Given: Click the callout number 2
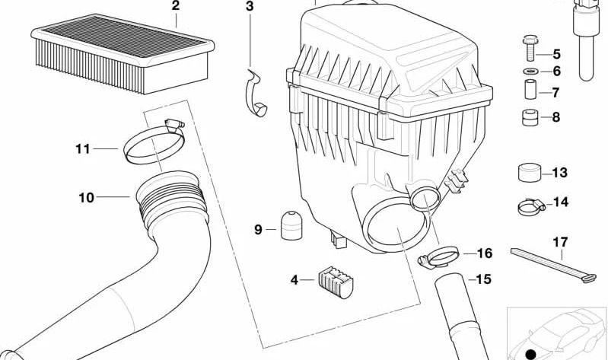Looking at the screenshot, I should (x=175, y=6).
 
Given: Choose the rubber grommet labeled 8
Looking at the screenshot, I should (x=529, y=118).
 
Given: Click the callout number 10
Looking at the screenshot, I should (x=86, y=198).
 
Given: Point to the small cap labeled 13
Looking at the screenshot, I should (x=530, y=173).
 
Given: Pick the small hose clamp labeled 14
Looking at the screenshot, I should (x=530, y=203).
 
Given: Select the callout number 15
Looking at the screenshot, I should (x=484, y=279).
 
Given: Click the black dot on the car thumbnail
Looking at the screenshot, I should (x=530, y=354).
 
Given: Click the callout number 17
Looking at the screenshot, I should (x=560, y=243).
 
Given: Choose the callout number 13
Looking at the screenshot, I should (x=560, y=174).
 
